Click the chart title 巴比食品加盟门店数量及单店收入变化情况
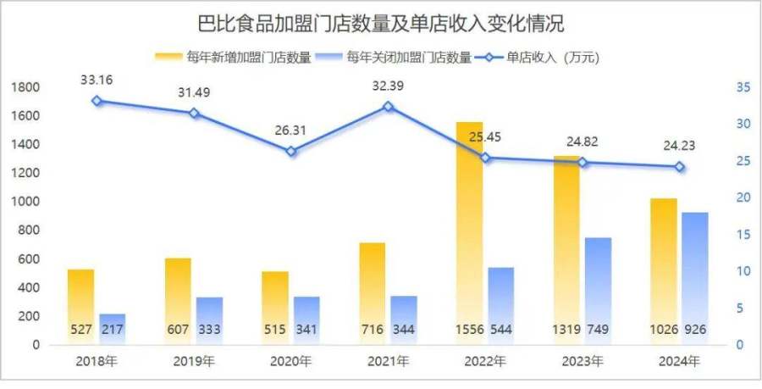[380, 22]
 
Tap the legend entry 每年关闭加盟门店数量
[410, 58]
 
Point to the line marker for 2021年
[388, 107]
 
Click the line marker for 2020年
[291, 152]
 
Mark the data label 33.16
[97, 81]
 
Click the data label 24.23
[679, 144]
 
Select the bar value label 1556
[469, 330]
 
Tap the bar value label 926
[694, 330]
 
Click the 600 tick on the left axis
[28, 259]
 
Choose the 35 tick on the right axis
[743, 87]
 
